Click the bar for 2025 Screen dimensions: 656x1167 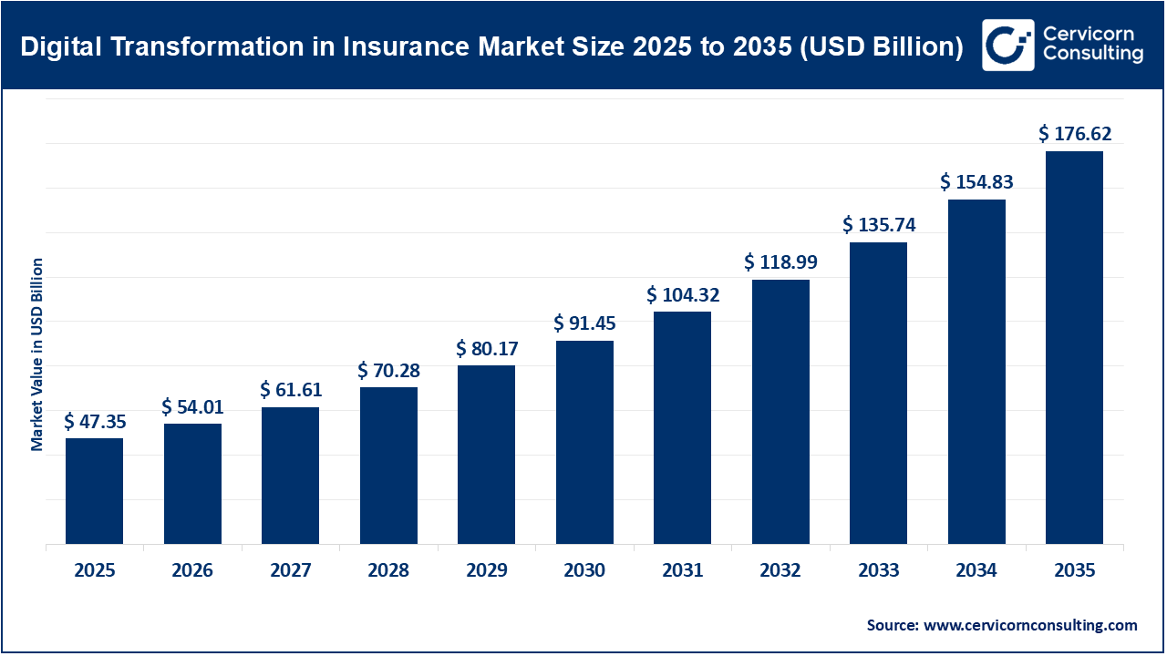(x=94, y=492)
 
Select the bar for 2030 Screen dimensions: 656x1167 (x=584, y=443)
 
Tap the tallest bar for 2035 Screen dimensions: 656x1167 (x=1074, y=348)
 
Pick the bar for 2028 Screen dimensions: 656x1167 (x=388, y=466)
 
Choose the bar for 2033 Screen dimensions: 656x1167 (x=878, y=394)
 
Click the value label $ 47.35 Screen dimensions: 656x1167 (x=94, y=422)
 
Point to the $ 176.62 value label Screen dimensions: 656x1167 (x=1074, y=135)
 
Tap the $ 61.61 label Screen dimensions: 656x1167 (x=291, y=391)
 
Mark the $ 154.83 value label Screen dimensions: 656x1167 (x=976, y=183)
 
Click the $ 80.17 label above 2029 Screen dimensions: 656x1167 (x=487, y=349)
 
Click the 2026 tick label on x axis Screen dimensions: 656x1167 (x=192, y=571)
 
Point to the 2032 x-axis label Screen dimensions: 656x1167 (x=780, y=571)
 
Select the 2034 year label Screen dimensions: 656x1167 (x=976, y=571)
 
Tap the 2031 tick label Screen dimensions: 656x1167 (x=683, y=571)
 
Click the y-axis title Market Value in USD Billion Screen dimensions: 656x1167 (x=37, y=354)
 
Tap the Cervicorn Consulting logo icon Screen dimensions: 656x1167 (x=1007, y=45)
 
